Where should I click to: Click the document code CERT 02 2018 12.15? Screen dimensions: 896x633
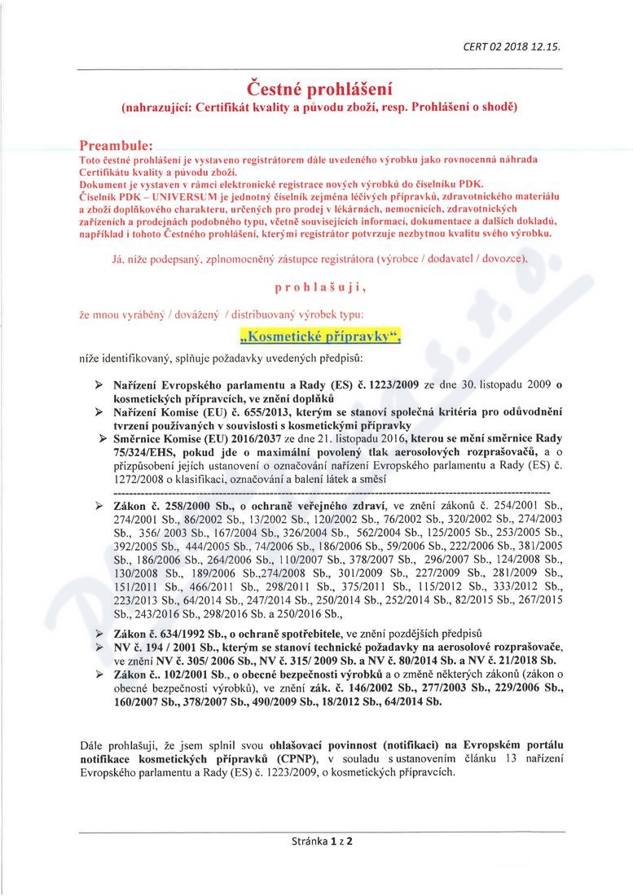point(523,46)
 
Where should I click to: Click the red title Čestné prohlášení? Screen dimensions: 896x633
point(317,89)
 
